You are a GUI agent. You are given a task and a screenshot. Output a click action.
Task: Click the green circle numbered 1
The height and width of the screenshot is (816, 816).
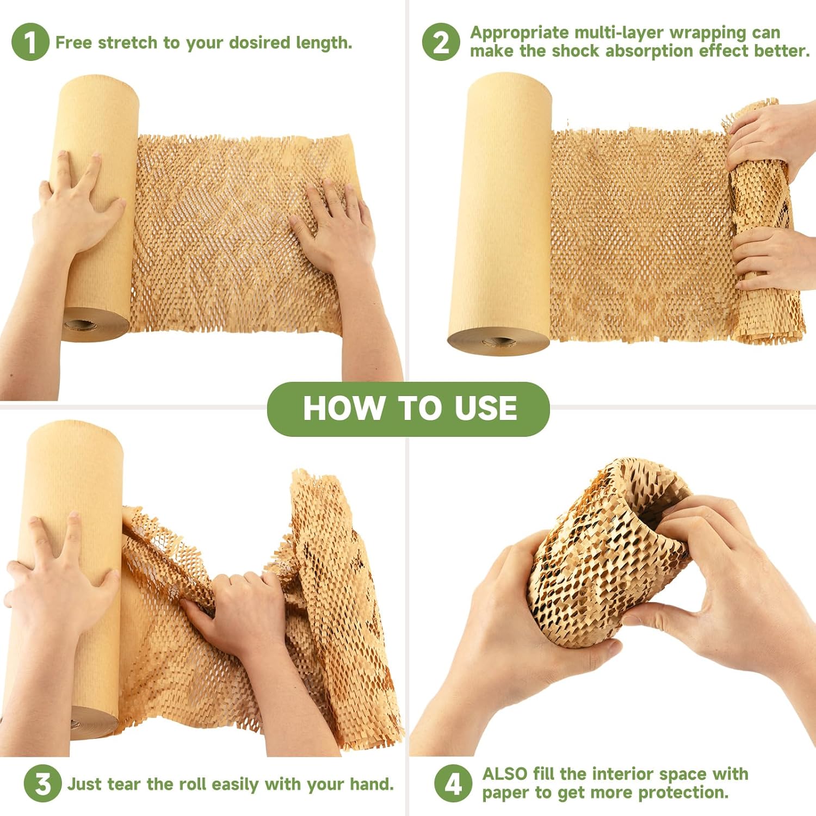click(x=30, y=42)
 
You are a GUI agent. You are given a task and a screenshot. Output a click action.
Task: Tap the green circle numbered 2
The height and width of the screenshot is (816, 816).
click(x=441, y=42)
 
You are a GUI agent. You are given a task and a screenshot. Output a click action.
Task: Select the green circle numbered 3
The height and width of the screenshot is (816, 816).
click(x=42, y=783)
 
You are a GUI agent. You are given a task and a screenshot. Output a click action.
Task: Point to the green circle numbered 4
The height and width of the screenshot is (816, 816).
click(x=453, y=783)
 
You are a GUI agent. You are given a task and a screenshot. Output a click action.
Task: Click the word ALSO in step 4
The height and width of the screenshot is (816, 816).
click(x=505, y=774)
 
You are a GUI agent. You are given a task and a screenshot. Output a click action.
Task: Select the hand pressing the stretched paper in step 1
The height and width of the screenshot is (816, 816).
click(x=335, y=228)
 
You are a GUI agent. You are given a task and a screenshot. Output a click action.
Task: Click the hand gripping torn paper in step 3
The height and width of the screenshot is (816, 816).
click(x=239, y=604)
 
